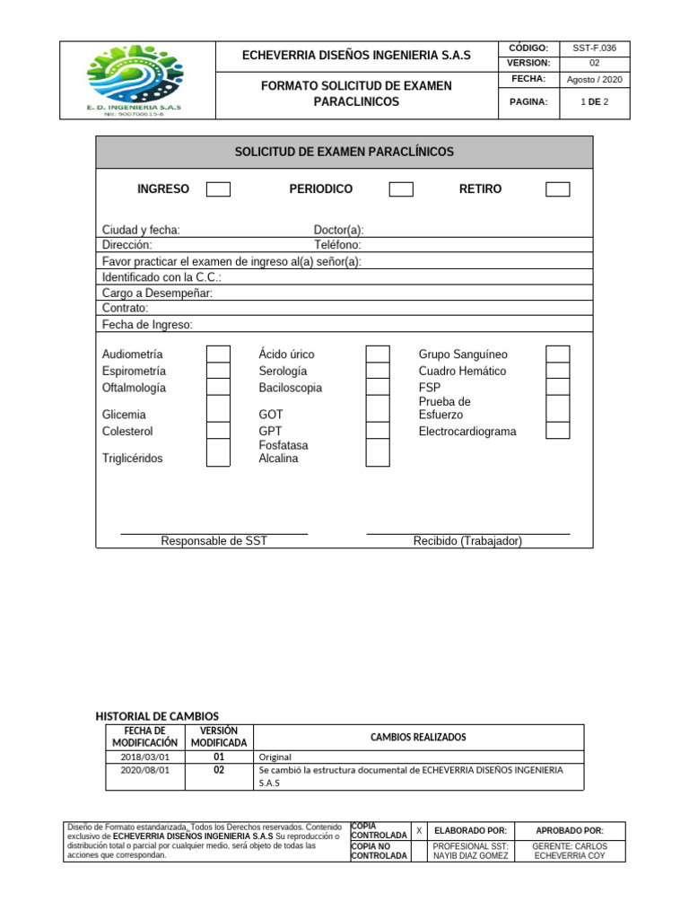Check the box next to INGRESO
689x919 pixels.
coord(218,189)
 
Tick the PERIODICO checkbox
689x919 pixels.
coord(401,189)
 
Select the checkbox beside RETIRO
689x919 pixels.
coord(557,189)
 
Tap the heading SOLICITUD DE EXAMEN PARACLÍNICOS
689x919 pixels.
coord(344,153)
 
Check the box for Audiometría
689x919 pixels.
coord(218,354)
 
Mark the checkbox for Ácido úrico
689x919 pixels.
coord(378,354)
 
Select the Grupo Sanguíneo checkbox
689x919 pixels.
coord(557,354)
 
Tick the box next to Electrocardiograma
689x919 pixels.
coord(557,431)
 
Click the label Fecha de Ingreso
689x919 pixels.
coord(147,325)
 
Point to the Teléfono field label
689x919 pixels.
coord(337,245)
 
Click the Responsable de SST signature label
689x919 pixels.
coord(214,541)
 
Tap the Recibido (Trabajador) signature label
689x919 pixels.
coord(467,541)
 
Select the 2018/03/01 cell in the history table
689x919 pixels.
coord(144,757)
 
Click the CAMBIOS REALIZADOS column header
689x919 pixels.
coord(418,738)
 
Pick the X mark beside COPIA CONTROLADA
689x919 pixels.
coord(419,831)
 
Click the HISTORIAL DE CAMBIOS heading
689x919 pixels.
coord(157,716)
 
